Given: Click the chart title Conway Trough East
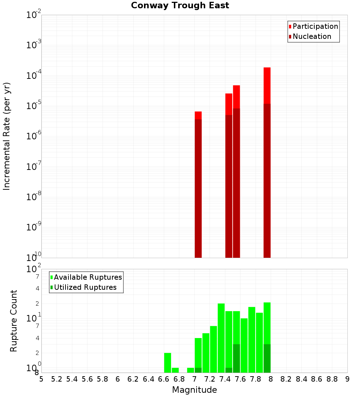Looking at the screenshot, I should pyautogui.click(x=180, y=6).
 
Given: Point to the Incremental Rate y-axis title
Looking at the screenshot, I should pyautogui.click(x=6, y=136).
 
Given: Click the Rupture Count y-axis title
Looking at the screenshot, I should pyautogui.click(x=14, y=321).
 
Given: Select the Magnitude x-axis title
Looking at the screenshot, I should pyautogui.click(x=194, y=390).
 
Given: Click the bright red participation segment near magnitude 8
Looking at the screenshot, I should pyautogui.click(x=267, y=85).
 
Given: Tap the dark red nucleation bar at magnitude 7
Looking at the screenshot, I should pyautogui.click(x=198, y=187).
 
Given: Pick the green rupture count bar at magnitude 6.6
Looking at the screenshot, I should pyautogui.click(x=167, y=363).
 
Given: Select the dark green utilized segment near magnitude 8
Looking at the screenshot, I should pyautogui.click(x=267, y=358).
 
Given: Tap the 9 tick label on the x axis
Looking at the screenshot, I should pyautogui.click(x=347, y=379).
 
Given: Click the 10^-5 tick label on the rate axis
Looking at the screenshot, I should pyautogui.click(x=34, y=106).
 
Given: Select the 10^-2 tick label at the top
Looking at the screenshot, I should pyautogui.click(x=34, y=15).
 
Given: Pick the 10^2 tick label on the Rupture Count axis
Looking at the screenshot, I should pyautogui.click(x=34, y=269).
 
